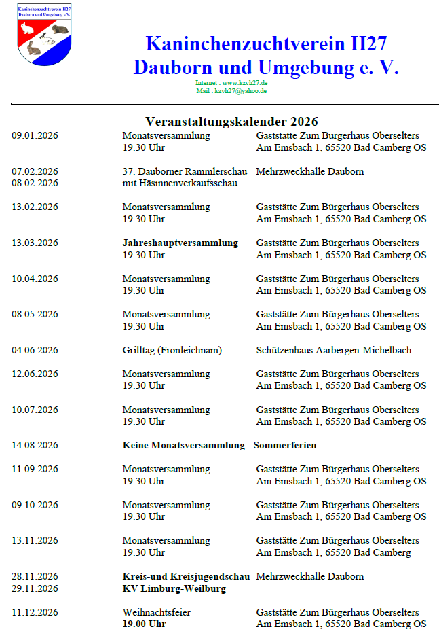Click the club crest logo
point(44,35)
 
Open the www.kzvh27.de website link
point(244,83)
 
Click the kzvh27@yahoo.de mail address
point(240,90)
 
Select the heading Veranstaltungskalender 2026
point(231,122)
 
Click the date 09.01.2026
point(35,136)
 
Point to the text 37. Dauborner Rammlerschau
point(185,171)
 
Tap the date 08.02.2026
point(35,183)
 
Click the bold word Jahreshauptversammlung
point(180,243)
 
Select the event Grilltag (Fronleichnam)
point(172,350)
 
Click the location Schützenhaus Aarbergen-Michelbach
point(334,350)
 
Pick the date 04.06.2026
point(35,350)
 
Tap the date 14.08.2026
point(35,445)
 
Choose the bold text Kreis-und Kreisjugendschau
point(186,576)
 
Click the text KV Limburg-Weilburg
point(174,588)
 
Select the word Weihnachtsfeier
point(157,612)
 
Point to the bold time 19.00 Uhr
point(144,624)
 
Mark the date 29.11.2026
point(35,588)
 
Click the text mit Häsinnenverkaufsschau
point(180,183)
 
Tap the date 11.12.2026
point(35,612)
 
